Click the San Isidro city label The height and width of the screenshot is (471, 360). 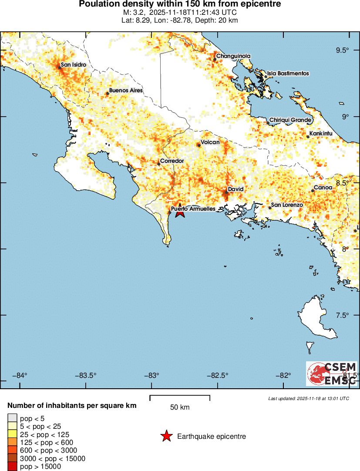[x=73, y=65]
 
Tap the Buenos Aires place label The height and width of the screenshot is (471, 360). [x=125, y=91]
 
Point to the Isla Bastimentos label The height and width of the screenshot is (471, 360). [x=288, y=74]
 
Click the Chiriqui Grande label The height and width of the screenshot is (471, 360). [x=290, y=120]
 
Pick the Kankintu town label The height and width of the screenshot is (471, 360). [x=321, y=134]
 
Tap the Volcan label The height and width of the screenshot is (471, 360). [x=210, y=142]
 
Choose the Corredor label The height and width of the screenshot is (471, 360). [x=172, y=161]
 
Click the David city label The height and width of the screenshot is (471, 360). [x=236, y=189]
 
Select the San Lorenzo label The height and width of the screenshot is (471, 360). [x=287, y=205]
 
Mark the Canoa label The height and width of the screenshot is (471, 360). [x=323, y=188]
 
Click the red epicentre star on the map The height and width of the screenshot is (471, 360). [x=180, y=212]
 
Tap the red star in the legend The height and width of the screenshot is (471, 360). [x=166, y=436]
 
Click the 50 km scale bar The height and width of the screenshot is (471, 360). [x=180, y=397]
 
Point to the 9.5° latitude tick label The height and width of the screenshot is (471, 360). [x=342, y=50]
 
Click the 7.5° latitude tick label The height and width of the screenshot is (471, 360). [x=342, y=315]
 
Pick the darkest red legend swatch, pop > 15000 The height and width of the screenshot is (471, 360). [x=13, y=467]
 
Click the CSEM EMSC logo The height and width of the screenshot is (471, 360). [x=332, y=373]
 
